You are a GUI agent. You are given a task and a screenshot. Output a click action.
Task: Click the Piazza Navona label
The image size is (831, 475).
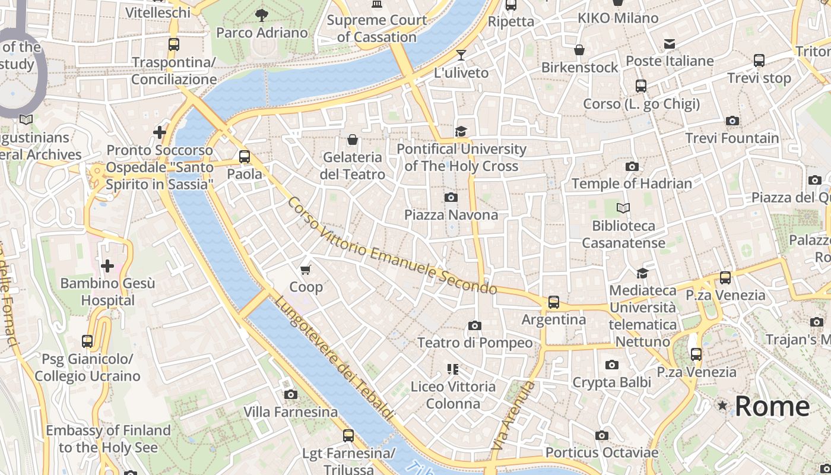click(451, 214)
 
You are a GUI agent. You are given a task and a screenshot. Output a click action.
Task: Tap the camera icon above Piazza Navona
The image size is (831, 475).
click(451, 197)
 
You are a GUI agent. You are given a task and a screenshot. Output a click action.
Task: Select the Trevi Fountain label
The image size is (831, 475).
click(732, 138)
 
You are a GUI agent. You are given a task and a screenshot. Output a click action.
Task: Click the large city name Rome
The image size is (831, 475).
click(772, 406)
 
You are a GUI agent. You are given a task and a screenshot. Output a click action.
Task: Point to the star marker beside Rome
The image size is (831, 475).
click(722, 406)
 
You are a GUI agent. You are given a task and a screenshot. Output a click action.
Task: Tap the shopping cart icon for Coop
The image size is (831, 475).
click(306, 270)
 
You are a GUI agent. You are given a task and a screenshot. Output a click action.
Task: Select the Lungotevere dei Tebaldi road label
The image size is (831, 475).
click(334, 359)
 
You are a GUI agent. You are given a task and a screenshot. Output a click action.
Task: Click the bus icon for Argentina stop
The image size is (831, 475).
click(554, 302)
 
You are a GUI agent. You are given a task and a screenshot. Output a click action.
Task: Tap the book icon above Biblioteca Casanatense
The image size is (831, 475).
click(623, 208)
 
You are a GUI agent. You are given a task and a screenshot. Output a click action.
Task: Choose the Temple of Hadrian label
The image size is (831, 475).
click(632, 183)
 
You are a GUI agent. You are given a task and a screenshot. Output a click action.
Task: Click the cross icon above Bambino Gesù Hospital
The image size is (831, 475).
click(107, 265)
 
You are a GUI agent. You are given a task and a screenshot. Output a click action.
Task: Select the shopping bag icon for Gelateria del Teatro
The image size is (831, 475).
click(353, 140)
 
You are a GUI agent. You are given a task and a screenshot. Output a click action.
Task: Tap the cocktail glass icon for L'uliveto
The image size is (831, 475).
click(461, 55)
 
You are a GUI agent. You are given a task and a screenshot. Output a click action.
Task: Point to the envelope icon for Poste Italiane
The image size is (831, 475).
click(670, 43)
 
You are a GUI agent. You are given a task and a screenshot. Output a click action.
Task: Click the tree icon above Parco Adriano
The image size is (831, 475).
click(261, 15)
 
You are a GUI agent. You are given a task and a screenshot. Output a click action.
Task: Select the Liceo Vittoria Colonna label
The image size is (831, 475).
click(453, 395)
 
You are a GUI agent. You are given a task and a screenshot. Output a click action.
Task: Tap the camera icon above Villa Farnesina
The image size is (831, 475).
click(290, 394)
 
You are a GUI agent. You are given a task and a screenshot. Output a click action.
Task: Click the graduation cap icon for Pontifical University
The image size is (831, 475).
click(461, 131)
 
